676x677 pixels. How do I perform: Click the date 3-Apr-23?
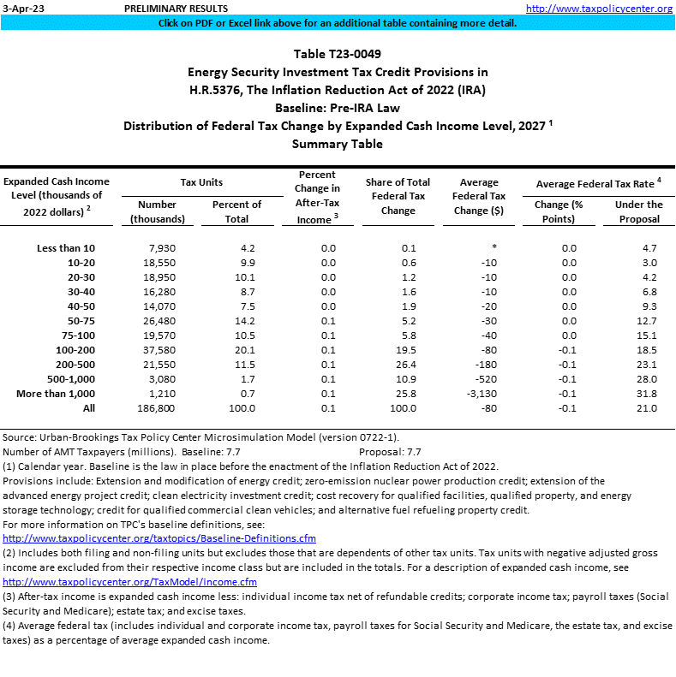pyautogui.click(x=21, y=8)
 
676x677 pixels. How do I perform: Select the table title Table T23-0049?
pyautogui.click(x=337, y=54)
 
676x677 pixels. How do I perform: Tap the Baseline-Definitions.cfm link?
pyautogui.click(x=159, y=538)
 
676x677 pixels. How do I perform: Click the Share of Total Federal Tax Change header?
pyautogui.click(x=398, y=196)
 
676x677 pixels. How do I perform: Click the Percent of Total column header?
pyautogui.click(x=236, y=211)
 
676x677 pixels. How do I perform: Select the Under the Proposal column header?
pyautogui.click(x=638, y=211)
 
